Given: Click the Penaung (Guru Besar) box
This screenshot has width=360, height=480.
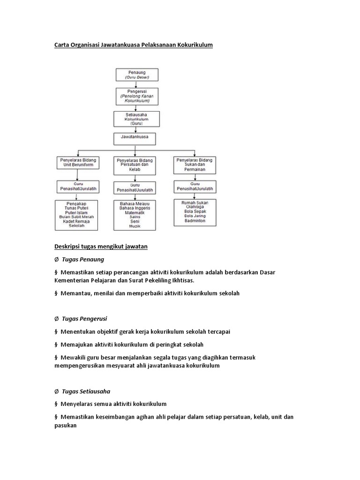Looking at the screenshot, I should (x=137, y=75).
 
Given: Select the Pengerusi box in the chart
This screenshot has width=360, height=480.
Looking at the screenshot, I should (x=136, y=96).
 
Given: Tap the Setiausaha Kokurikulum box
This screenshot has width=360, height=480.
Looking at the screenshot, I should (x=136, y=120).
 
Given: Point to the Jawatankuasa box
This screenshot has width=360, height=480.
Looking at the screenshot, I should (x=135, y=139).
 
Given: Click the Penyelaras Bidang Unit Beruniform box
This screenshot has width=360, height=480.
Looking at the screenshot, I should (x=77, y=165).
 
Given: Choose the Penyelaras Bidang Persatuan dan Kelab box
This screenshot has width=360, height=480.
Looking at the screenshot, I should (x=136, y=165).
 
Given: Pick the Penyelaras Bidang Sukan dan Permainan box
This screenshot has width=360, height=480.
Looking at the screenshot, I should (x=194, y=165).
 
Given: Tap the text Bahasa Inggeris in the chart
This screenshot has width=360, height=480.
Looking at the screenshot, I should (x=135, y=208).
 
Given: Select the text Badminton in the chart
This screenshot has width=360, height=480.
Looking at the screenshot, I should (x=195, y=220).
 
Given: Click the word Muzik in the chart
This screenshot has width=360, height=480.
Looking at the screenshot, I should (x=135, y=226).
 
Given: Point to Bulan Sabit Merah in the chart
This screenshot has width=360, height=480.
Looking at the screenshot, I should (x=76, y=217).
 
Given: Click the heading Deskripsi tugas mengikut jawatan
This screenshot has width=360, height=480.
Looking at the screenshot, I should (x=101, y=247).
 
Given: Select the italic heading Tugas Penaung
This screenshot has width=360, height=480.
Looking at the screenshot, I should (x=83, y=259).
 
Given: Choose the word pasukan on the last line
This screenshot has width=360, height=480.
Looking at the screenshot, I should (x=66, y=426).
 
